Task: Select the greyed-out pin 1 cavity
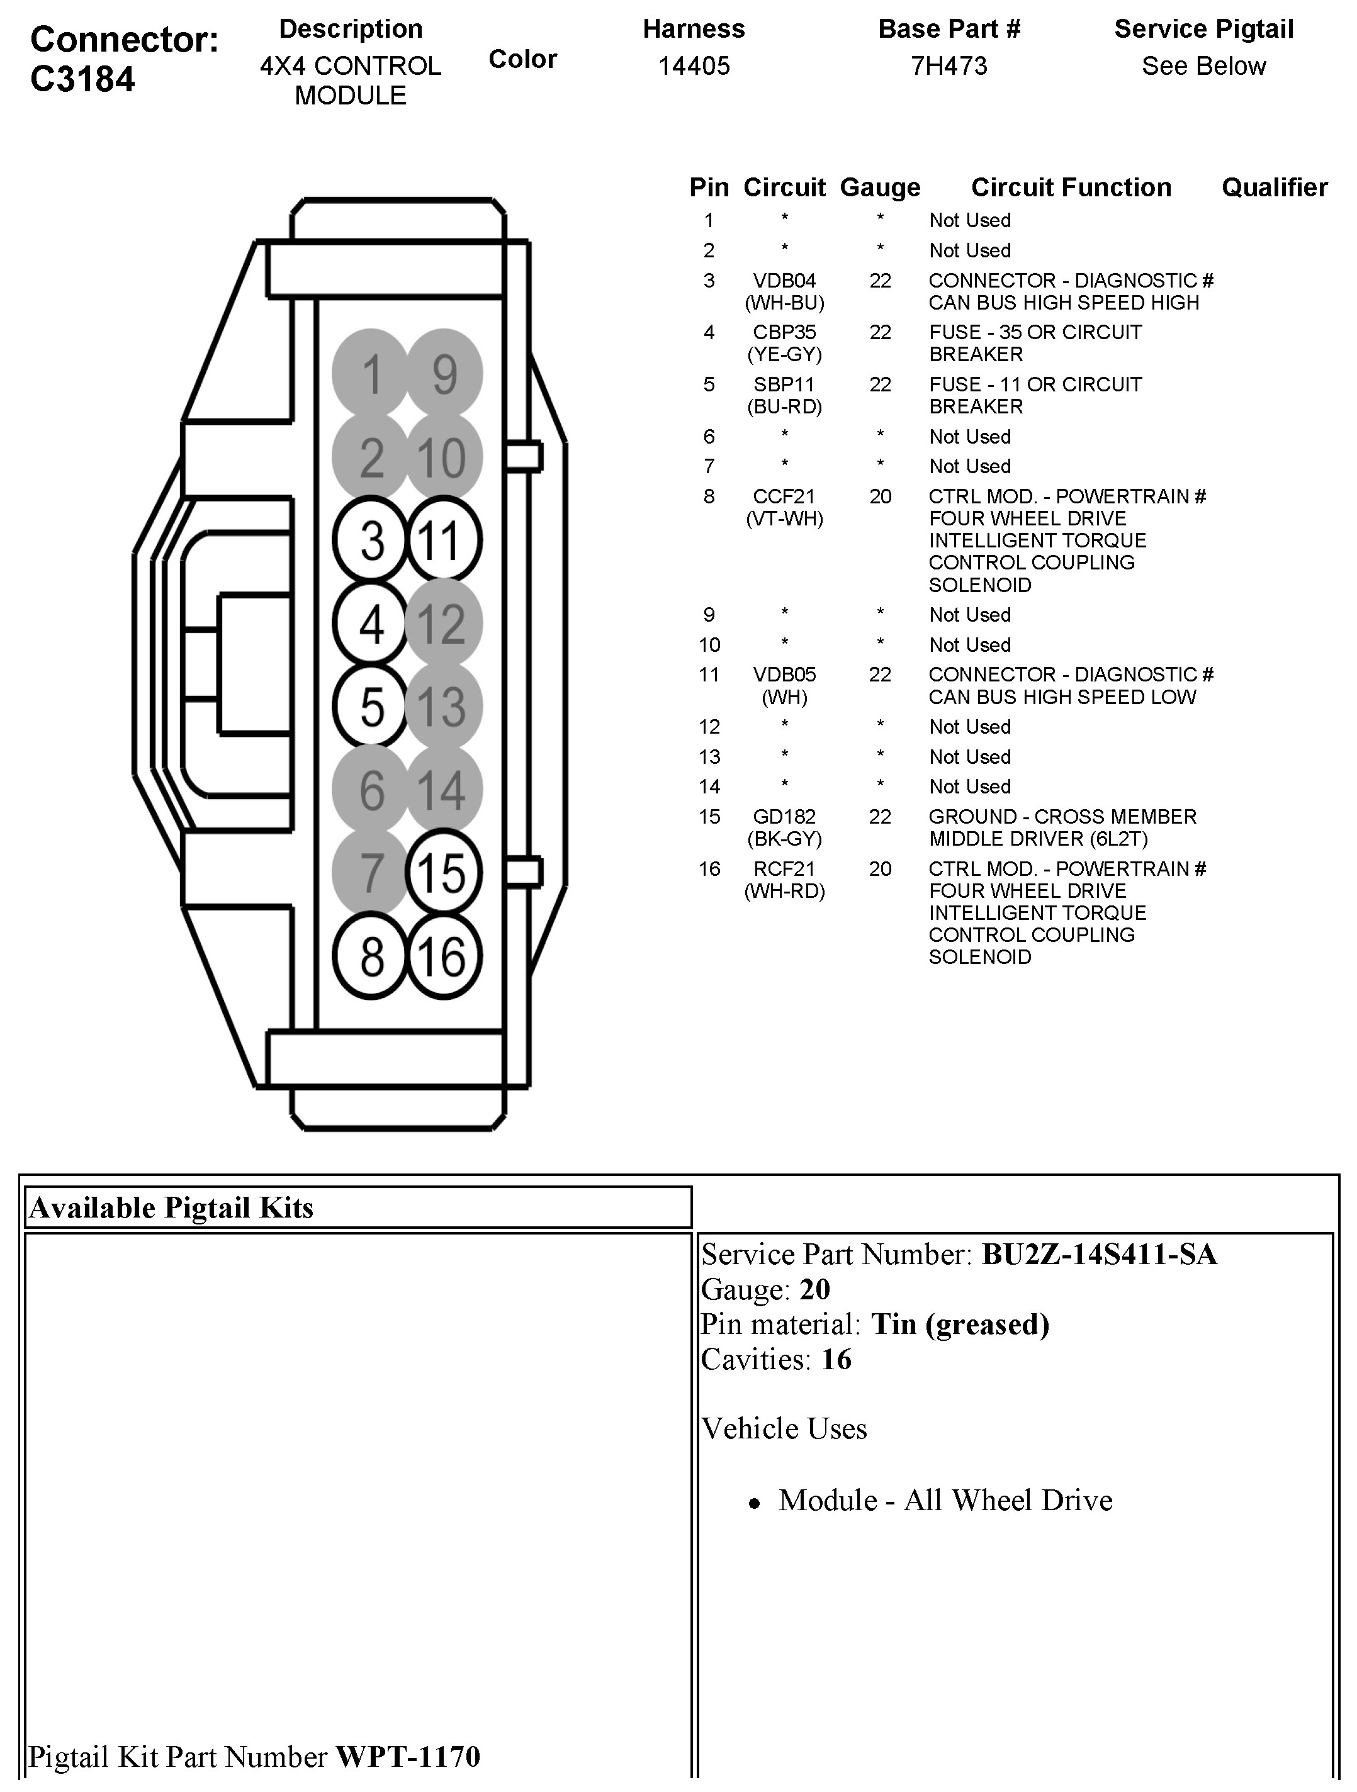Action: [x=371, y=374]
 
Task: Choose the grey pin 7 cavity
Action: [x=371, y=873]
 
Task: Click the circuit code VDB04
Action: [x=784, y=281]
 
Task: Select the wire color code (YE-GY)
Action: [x=784, y=354]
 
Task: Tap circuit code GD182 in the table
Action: [x=784, y=817]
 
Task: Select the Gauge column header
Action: [x=880, y=188]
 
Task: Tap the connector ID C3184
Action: [x=82, y=79]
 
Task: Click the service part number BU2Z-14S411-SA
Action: [x=1098, y=1255]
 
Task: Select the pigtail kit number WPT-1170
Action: [x=407, y=1756]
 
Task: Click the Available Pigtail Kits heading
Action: [x=171, y=1208]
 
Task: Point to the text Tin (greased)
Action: [x=960, y=1324]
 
